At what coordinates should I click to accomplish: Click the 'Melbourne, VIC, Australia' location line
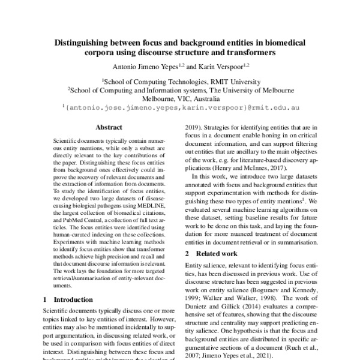coord(179,100)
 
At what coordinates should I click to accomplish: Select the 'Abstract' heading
coord(109,127)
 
